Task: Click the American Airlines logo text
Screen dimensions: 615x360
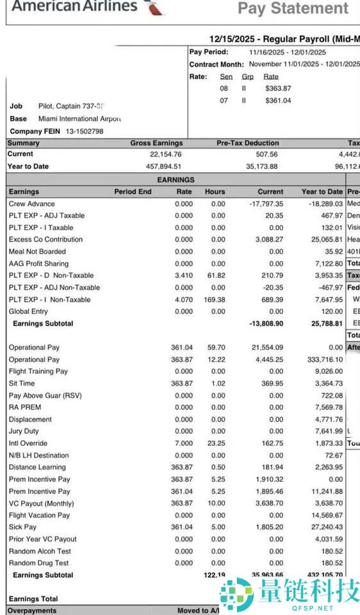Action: point(74,6)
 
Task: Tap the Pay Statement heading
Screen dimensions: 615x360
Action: point(293,8)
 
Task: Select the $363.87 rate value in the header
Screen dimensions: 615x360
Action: point(278,88)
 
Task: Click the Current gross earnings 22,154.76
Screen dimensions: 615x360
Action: point(166,154)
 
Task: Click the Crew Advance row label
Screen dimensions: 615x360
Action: point(31,204)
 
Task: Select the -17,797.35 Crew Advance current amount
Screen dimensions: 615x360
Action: point(266,204)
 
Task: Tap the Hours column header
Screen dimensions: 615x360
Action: point(215,192)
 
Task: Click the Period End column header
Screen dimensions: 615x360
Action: point(133,192)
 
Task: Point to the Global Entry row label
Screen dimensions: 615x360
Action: point(28,311)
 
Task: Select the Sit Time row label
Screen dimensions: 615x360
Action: point(22,383)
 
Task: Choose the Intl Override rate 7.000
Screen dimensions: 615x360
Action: point(184,443)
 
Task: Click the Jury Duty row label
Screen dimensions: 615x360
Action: point(24,431)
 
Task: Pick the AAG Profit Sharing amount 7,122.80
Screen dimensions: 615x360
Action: point(325,263)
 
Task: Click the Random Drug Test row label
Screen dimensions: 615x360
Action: point(38,563)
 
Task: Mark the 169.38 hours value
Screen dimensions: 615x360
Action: point(215,299)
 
